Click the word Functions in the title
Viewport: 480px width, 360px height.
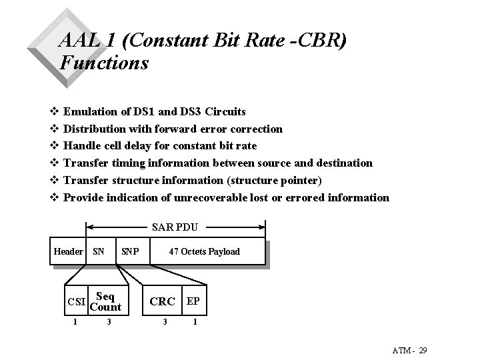tap(103, 63)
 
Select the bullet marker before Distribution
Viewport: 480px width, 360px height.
tap(55, 129)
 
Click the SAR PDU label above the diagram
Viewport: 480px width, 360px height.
tap(175, 228)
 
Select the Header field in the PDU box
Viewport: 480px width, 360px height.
tap(68, 251)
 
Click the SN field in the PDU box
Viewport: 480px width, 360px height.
tap(99, 251)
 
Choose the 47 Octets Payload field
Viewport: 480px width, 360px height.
tap(204, 251)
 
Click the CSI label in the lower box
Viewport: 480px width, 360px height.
tap(77, 302)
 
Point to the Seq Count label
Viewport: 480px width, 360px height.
tap(105, 301)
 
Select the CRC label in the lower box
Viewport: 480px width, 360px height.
tap(162, 301)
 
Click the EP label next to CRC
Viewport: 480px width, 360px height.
tap(193, 301)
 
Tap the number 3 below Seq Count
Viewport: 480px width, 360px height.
tap(108, 323)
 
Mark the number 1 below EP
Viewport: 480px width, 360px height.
tap(194, 323)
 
